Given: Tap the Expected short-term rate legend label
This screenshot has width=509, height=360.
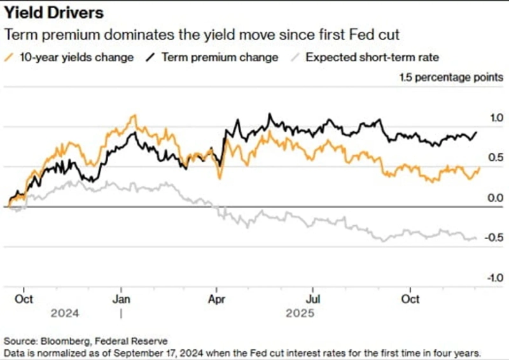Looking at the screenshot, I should pos(372,57).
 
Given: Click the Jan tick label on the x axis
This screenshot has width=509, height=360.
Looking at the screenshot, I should pos(121,299).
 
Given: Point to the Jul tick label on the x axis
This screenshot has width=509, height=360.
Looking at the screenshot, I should pos(313,299).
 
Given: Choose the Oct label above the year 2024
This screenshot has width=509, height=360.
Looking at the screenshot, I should pos(24,299).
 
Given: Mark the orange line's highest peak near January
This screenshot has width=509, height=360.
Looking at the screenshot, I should pos(133,116).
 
